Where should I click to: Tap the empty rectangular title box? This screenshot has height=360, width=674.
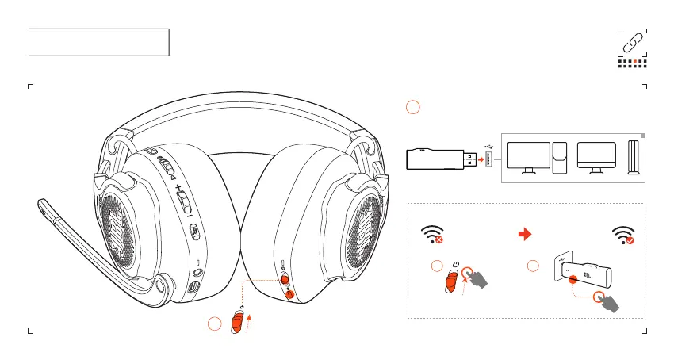tap(99, 42)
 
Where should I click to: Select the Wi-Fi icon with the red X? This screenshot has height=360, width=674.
tap(431, 234)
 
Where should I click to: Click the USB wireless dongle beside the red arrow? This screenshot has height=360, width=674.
tap(435, 159)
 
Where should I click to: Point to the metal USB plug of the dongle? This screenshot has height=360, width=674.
tap(471, 159)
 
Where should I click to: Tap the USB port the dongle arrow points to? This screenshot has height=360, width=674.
tap(489, 159)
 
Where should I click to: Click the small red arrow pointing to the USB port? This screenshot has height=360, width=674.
tap(481, 159)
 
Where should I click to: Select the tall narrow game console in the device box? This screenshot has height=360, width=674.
tap(633, 159)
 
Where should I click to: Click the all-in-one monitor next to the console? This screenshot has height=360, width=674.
tap(597, 157)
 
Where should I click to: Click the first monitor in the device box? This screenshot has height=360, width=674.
tap(528, 157)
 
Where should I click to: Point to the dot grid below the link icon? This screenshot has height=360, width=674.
tap(632, 63)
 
